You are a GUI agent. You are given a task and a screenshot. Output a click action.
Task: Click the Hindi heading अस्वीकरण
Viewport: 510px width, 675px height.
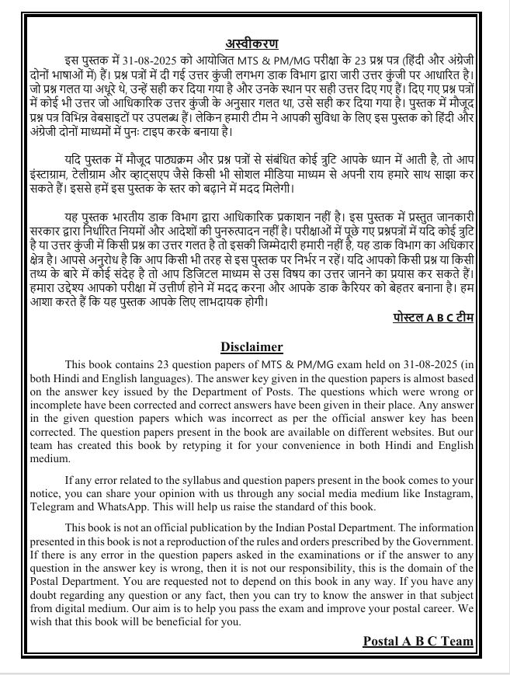coord(252,43)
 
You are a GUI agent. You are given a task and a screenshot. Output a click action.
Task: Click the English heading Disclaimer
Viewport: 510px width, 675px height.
coord(252,346)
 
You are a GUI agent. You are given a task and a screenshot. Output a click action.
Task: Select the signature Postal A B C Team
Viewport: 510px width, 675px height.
coord(418,641)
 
